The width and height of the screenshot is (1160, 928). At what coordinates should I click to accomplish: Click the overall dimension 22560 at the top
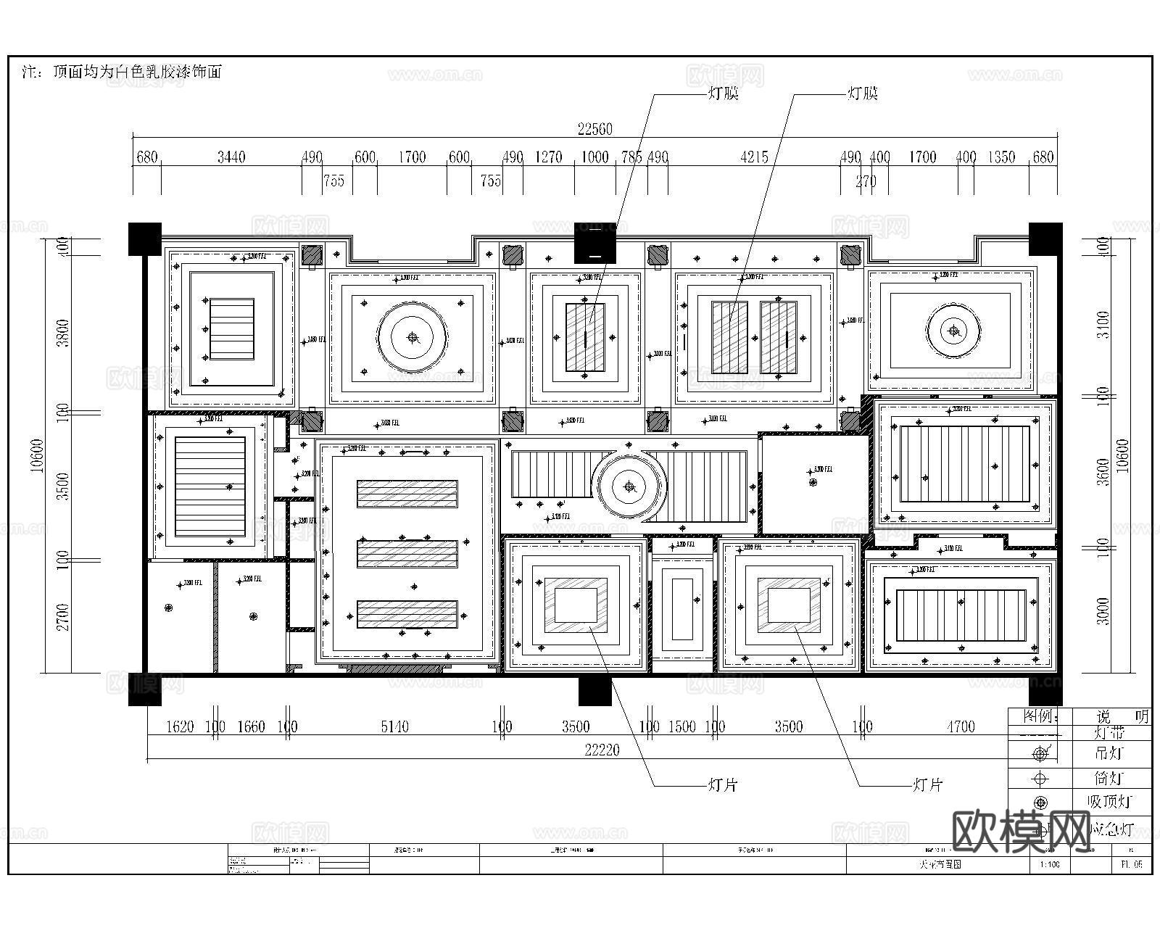(594, 129)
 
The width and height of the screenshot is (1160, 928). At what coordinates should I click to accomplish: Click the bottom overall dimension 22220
(602, 750)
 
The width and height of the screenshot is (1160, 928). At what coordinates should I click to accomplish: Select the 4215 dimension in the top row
(754, 157)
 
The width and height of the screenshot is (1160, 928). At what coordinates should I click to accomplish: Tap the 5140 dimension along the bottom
(394, 726)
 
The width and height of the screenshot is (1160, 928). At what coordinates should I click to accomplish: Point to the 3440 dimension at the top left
(231, 157)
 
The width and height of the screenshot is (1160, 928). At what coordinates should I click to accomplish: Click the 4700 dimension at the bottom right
(961, 726)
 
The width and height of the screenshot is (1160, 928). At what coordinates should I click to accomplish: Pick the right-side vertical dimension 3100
(1103, 324)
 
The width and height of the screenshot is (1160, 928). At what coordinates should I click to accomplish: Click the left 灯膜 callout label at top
(722, 94)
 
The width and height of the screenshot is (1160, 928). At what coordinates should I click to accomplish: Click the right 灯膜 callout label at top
(862, 94)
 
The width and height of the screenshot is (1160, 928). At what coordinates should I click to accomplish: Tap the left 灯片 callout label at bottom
(722, 785)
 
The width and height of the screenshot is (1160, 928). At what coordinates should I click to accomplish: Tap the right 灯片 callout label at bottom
(927, 785)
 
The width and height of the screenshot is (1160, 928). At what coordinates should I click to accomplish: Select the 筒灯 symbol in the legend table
(1040, 779)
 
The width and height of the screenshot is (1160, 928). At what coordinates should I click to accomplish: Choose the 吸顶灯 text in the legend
(1109, 802)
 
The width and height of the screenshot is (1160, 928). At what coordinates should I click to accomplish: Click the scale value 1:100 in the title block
(1049, 865)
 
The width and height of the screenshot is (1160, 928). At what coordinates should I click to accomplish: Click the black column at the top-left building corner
(145, 239)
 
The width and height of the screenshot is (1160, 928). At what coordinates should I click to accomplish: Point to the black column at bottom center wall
(594, 690)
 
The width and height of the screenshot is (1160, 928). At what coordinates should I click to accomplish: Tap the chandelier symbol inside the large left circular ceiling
(413, 337)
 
